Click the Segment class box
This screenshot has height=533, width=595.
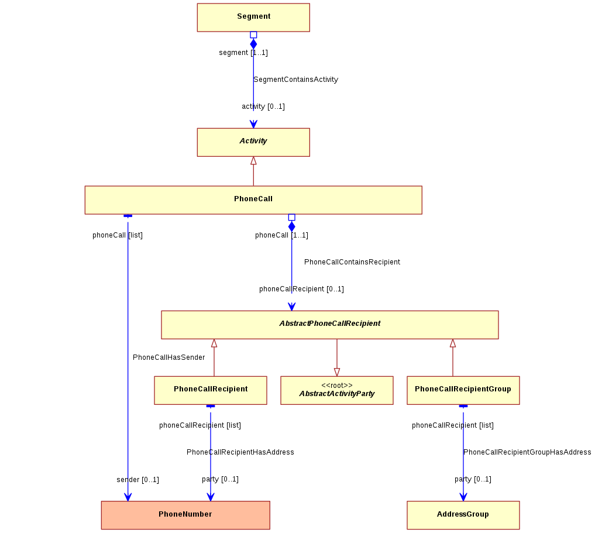[253, 18]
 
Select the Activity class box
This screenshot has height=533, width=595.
[253, 142]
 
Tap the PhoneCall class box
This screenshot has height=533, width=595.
[253, 200]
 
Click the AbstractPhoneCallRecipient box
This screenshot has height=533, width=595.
[330, 325]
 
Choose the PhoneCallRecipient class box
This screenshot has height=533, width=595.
[211, 390]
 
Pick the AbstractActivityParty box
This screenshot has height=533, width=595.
[337, 390]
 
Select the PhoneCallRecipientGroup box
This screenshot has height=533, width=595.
[463, 390]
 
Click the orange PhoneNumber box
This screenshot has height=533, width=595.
[185, 515]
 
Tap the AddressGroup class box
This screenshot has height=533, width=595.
[463, 515]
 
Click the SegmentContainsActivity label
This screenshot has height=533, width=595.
[295, 80]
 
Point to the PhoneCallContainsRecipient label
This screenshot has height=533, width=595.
[352, 262]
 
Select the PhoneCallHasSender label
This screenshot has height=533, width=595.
[169, 357]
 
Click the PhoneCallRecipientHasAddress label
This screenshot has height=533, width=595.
[240, 452]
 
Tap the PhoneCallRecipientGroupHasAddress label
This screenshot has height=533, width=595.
[527, 452]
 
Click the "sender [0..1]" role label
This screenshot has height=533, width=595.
[137, 480]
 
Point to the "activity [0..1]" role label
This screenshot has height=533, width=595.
[263, 106]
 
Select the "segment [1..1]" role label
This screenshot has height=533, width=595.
[243, 53]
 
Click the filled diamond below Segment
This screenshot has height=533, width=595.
[253, 44]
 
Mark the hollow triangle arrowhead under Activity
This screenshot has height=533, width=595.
[253, 161]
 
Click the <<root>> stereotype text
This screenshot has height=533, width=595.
[337, 386]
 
